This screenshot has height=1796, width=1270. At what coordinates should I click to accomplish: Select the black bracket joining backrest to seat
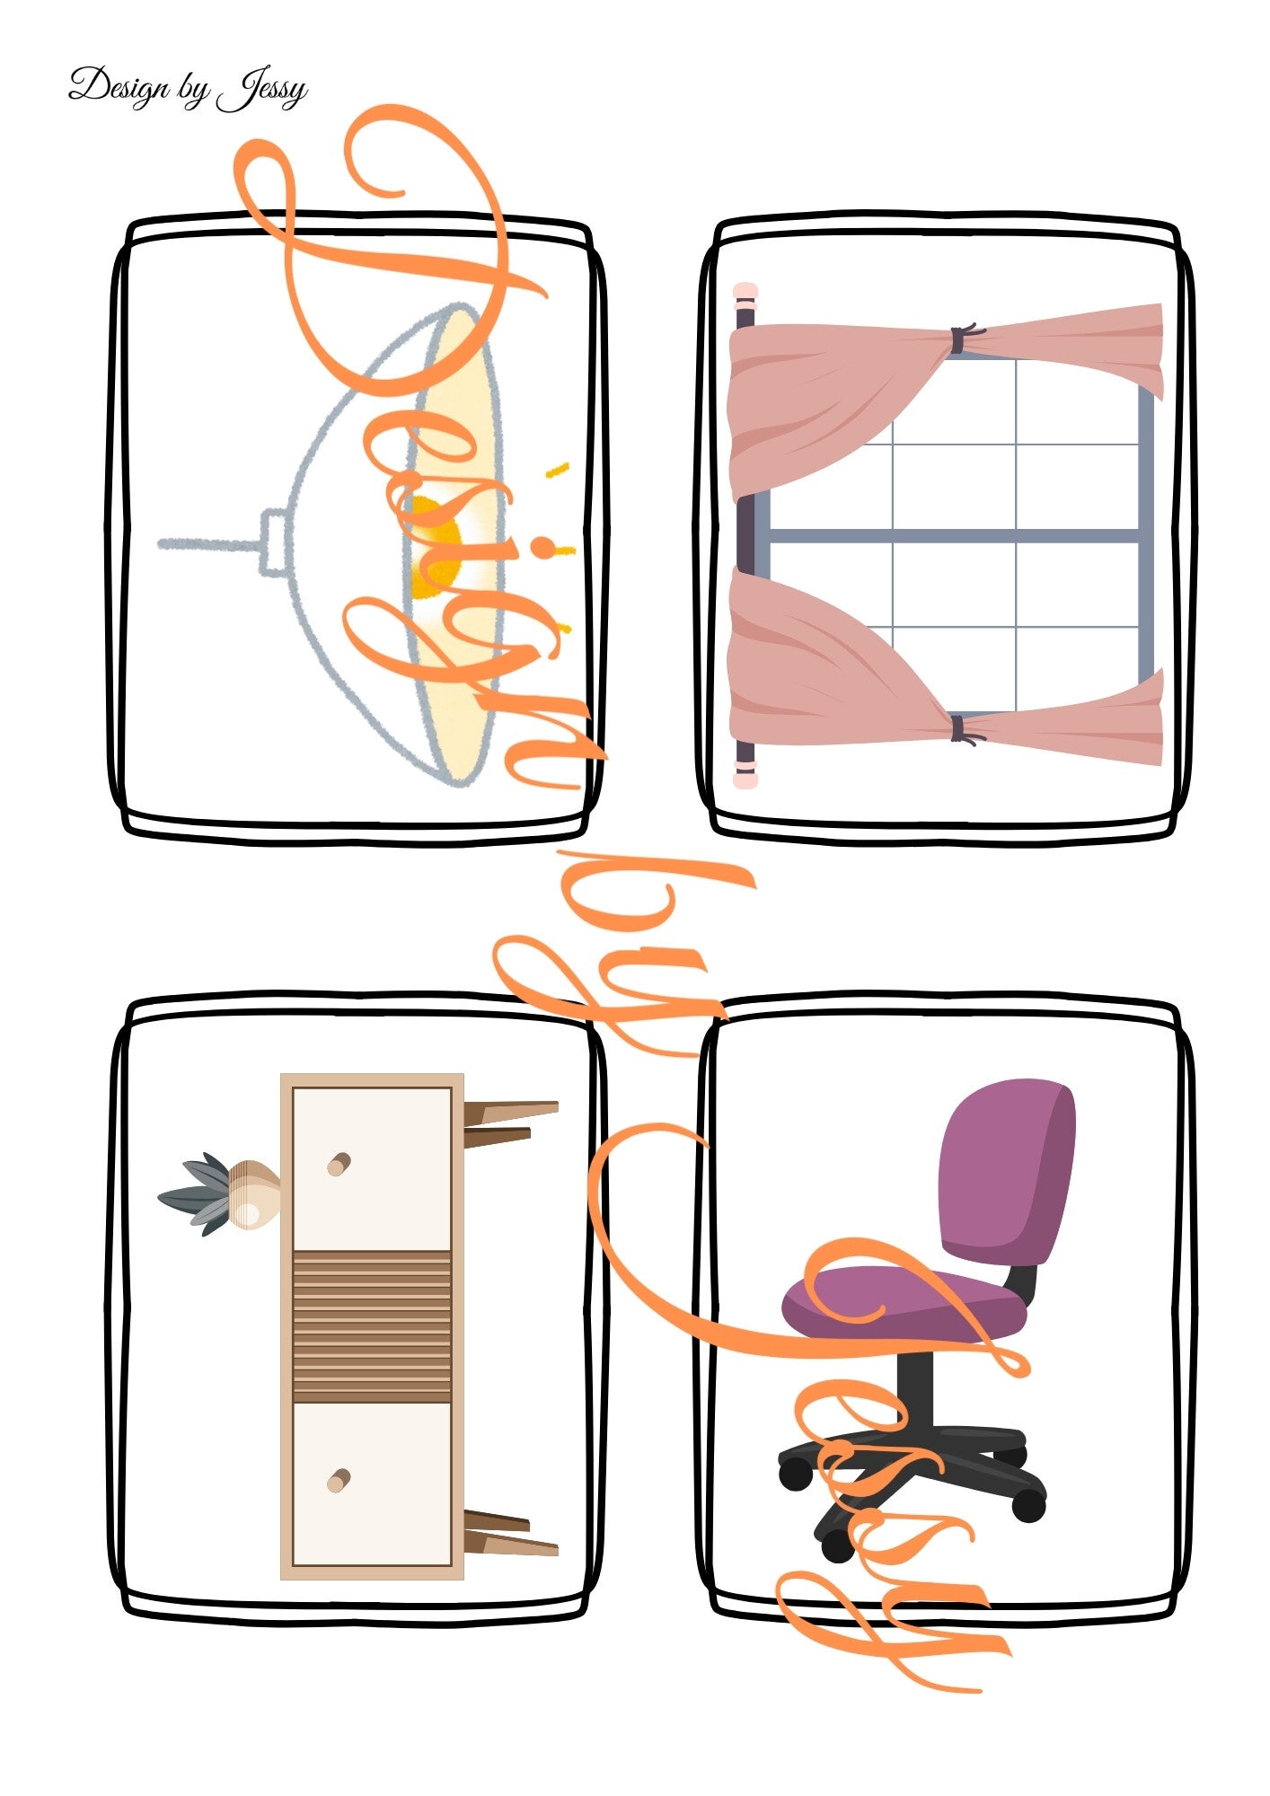click(x=1020, y=1282)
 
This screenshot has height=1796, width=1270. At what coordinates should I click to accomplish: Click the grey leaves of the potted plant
click(x=196, y=1194)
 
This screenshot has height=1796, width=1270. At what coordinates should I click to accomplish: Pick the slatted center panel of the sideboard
click(x=372, y=1326)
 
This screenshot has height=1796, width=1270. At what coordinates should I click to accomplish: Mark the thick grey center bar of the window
click(x=954, y=536)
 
